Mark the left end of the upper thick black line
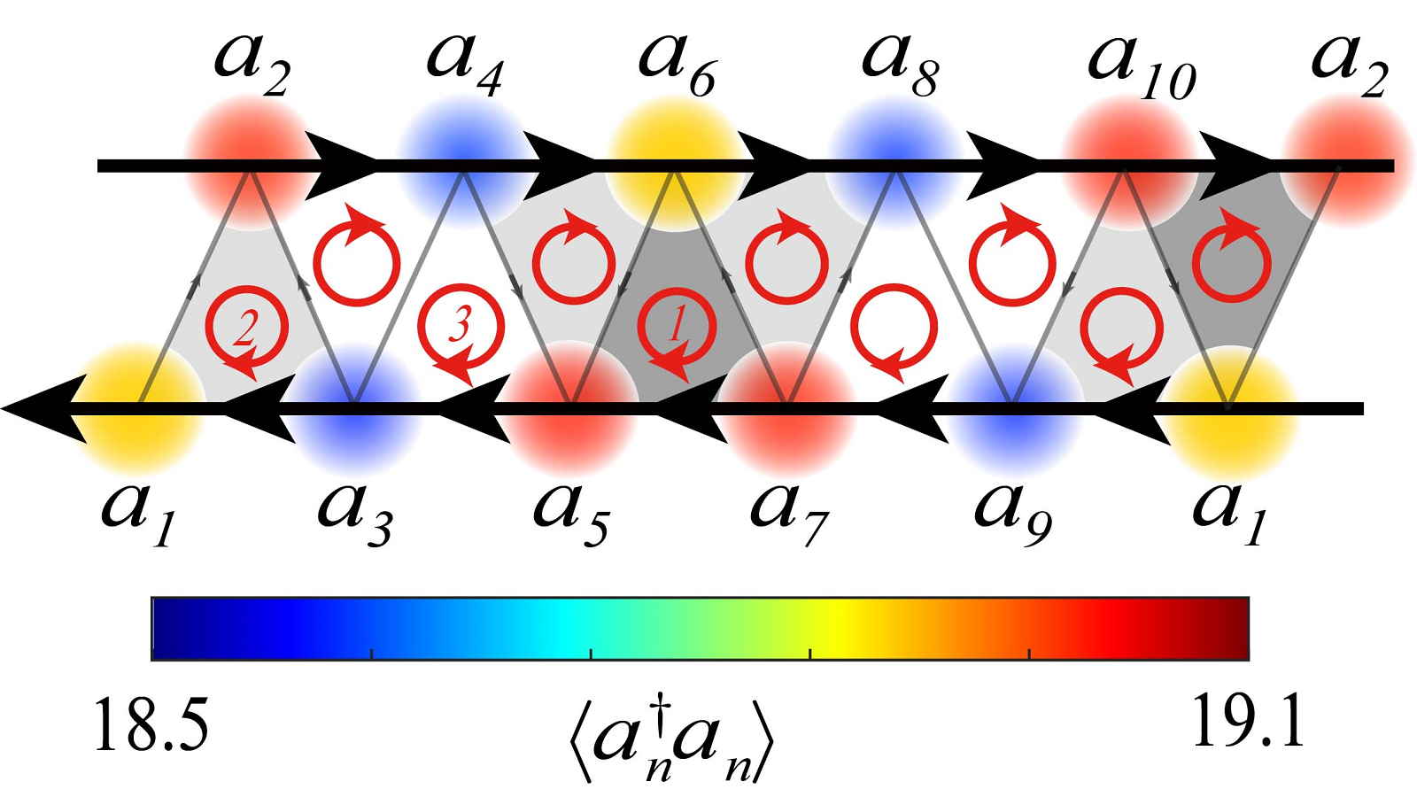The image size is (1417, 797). [x=97, y=166]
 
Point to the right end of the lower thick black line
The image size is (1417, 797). [x=1364, y=408]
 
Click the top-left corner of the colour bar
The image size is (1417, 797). [x=151, y=597]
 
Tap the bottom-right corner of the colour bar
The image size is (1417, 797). [x=1250, y=661]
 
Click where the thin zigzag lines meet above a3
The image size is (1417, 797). [x=355, y=402]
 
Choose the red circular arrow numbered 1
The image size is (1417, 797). [x=677, y=329]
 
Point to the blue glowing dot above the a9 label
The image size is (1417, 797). [x=1012, y=408]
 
